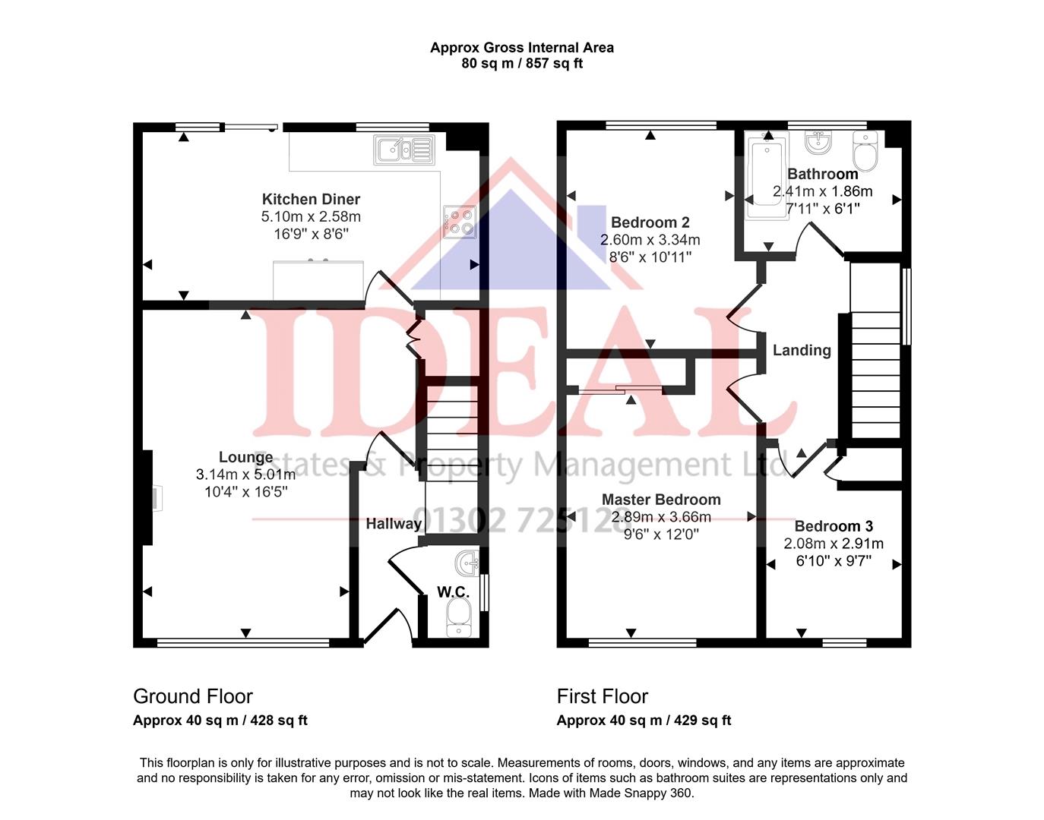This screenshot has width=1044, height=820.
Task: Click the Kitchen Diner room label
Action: (311, 199)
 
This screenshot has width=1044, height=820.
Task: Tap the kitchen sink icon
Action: (403, 150)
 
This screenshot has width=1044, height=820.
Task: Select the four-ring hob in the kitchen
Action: (460, 221)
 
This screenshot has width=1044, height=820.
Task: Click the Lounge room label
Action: (245, 457)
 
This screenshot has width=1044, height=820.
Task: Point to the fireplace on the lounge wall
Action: (155, 499)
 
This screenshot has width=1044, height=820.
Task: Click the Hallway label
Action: (393, 523)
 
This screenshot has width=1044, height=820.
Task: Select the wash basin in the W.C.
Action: (467, 563)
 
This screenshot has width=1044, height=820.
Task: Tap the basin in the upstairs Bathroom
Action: (818, 141)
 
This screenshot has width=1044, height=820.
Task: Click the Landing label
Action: (802, 350)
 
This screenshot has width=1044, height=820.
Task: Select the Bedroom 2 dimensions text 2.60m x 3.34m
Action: (650, 240)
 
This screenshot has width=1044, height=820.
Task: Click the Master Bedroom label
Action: (661, 500)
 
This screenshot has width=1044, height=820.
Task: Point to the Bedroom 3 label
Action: (834, 526)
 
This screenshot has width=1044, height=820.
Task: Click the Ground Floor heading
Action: (192, 696)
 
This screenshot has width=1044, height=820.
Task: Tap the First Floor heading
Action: (602, 696)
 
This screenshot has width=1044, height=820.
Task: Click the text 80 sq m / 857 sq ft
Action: (522, 64)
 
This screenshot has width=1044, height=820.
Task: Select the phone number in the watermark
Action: (517, 520)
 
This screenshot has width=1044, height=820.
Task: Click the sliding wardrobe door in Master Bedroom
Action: (620, 390)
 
